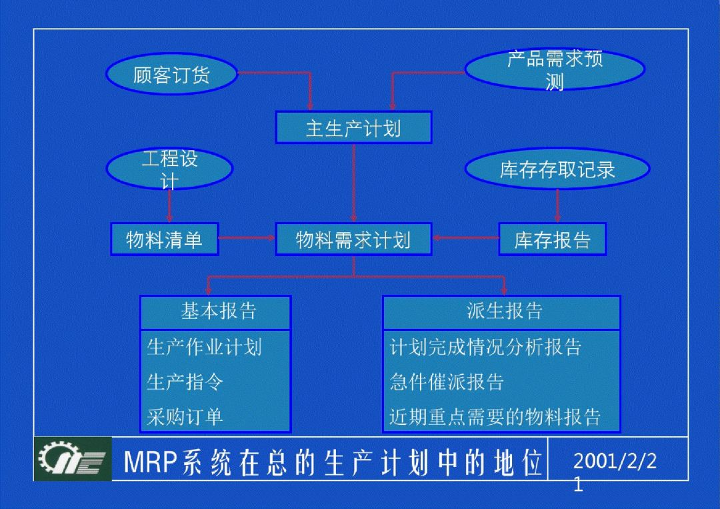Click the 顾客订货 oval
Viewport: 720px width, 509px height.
point(171,74)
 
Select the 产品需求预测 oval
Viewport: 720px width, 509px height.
point(555,69)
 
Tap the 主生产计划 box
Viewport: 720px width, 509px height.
point(353,127)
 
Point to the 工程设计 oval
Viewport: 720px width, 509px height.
point(169,169)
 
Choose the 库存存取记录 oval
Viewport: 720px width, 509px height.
point(557,169)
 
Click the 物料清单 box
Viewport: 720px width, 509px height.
point(164,239)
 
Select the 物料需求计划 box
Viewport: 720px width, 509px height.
point(353,239)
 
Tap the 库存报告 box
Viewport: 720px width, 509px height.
point(552,239)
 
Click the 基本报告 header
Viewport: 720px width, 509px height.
point(215,312)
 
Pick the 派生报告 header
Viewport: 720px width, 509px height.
point(501,312)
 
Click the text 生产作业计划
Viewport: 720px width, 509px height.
point(204,347)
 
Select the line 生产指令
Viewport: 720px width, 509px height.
point(185,382)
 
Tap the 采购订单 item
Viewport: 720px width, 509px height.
point(185,417)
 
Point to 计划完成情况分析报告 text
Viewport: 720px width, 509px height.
point(485,347)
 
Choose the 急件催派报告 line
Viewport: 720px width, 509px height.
point(447,382)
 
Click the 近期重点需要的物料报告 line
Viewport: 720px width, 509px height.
point(495,417)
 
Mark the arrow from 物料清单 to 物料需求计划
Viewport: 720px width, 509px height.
point(247,237)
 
